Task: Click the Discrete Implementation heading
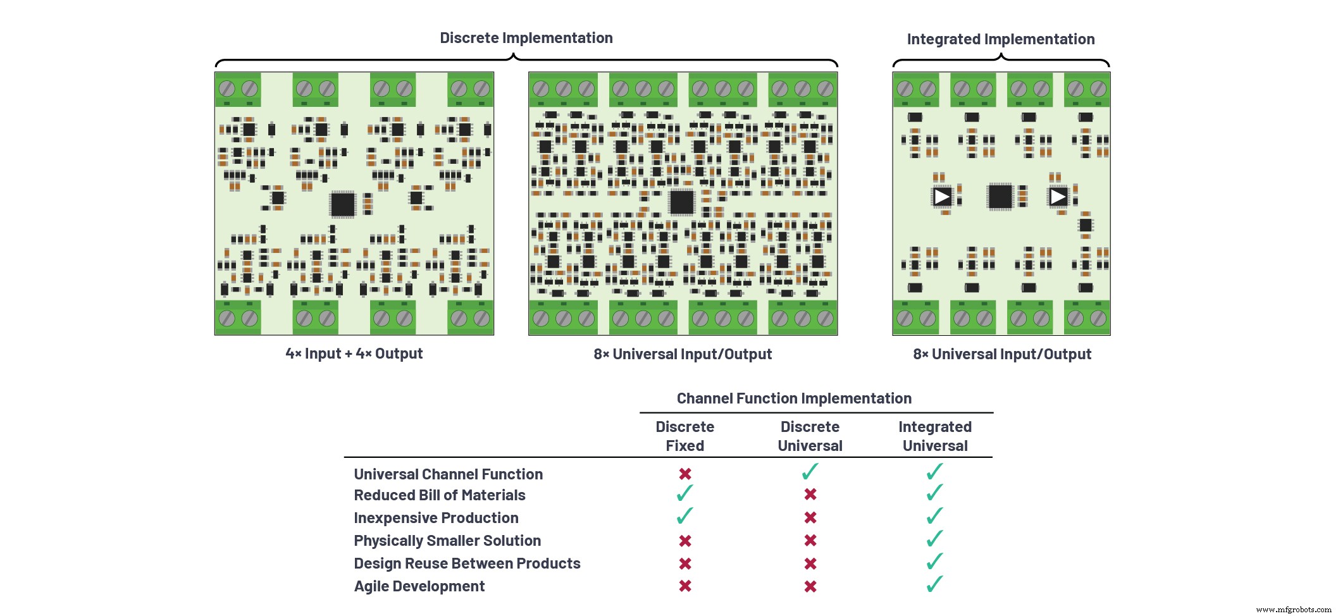(526, 38)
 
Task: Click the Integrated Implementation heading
(1000, 39)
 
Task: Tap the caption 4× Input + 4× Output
(354, 354)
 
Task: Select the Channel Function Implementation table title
(794, 398)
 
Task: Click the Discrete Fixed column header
(684, 436)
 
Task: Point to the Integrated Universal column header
(935, 436)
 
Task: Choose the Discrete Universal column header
(810, 436)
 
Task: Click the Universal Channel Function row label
(448, 474)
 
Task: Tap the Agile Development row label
(419, 586)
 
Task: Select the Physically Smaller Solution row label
(447, 541)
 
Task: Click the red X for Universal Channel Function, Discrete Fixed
(684, 474)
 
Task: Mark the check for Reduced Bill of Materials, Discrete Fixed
(684, 493)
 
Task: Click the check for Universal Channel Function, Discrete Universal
(810, 472)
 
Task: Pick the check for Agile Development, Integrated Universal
(934, 584)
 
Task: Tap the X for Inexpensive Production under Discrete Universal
(810, 518)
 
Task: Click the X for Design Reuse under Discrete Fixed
(684, 564)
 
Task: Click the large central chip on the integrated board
(1000, 197)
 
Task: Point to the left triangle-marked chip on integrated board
(941, 197)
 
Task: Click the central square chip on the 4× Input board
(343, 204)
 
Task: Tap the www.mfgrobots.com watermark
(1293, 610)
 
